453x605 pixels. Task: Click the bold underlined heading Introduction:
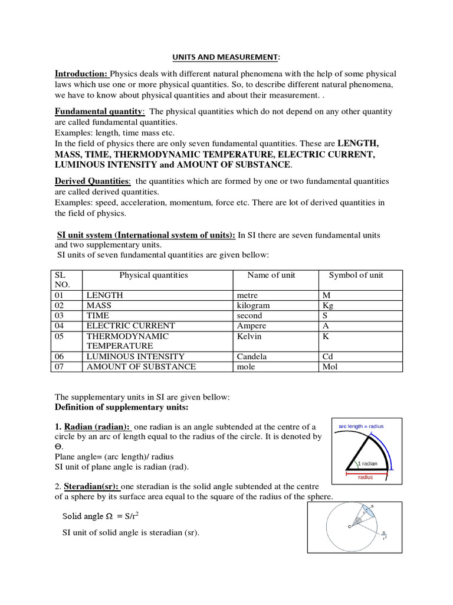pyautogui.click(x=81, y=74)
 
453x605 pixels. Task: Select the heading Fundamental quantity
pyautogui.click(x=99, y=112)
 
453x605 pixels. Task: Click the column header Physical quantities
pyautogui.click(x=153, y=275)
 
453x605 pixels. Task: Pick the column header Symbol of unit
pyautogui.click(x=356, y=275)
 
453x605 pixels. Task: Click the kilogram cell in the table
pyautogui.click(x=253, y=305)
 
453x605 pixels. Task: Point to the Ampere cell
pyautogui.click(x=251, y=326)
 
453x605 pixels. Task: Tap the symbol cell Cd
pyautogui.click(x=328, y=356)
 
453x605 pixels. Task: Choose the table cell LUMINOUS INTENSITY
pyautogui.click(x=135, y=356)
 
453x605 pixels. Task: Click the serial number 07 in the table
pyautogui.click(x=60, y=367)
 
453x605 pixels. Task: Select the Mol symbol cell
pyautogui.click(x=330, y=367)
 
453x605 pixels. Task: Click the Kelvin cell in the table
pyautogui.click(x=250, y=336)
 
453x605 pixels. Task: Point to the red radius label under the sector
pyautogui.click(x=366, y=477)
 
